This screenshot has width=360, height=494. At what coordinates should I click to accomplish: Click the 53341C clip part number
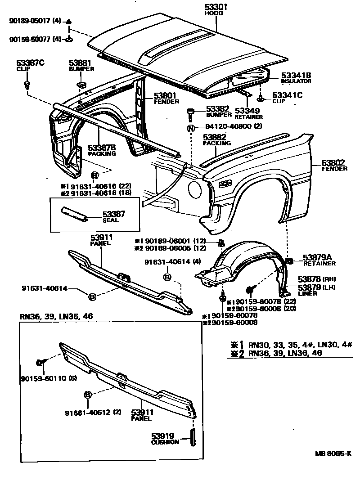287,95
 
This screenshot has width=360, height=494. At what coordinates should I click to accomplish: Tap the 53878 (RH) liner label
314,279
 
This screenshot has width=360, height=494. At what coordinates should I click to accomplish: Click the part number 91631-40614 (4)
166,262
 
